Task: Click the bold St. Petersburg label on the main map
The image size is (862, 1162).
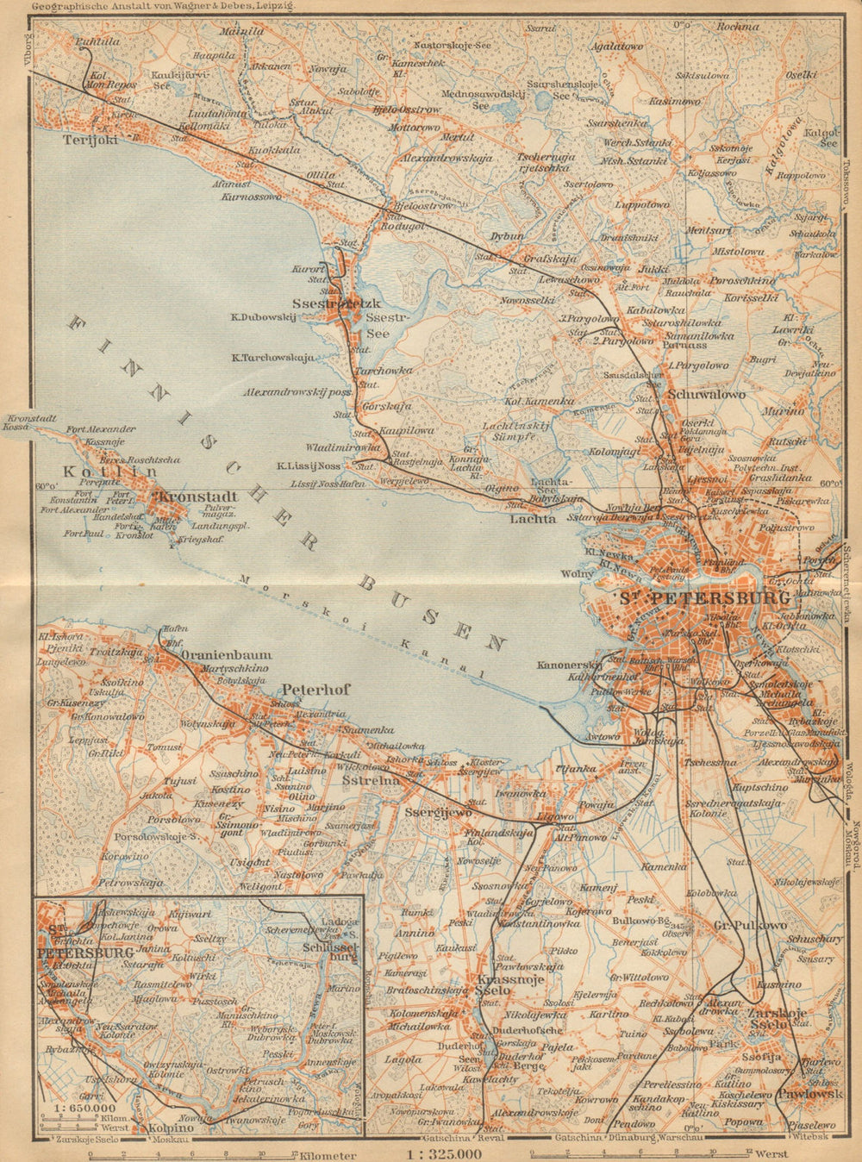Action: coord(703,597)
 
